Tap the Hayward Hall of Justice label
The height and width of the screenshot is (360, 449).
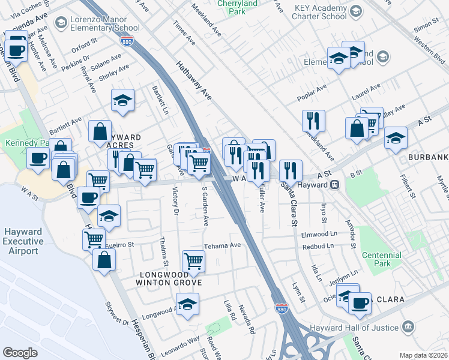(354, 328)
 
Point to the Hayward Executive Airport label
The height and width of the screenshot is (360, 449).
(23, 241)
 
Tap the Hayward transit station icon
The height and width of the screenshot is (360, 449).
(337, 185)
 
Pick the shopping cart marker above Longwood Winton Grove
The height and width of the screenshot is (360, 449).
(193, 261)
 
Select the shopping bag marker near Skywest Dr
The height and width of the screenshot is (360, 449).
(104, 260)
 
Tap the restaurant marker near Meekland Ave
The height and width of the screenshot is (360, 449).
(313, 120)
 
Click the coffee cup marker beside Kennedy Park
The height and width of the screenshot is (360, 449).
(38, 158)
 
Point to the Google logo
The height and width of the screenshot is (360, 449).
(20, 353)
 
